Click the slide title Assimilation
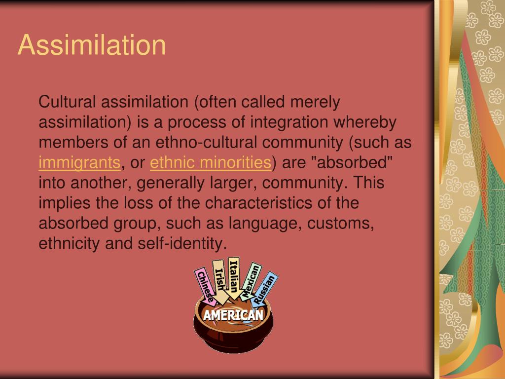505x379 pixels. click(92, 45)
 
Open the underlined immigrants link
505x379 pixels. click(79, 162)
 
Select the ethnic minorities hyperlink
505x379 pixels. click(211, 162)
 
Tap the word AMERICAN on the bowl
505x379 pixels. click(233, 315)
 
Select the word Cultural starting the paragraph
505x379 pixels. click(68, 102)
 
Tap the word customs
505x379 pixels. click(341, 223)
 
